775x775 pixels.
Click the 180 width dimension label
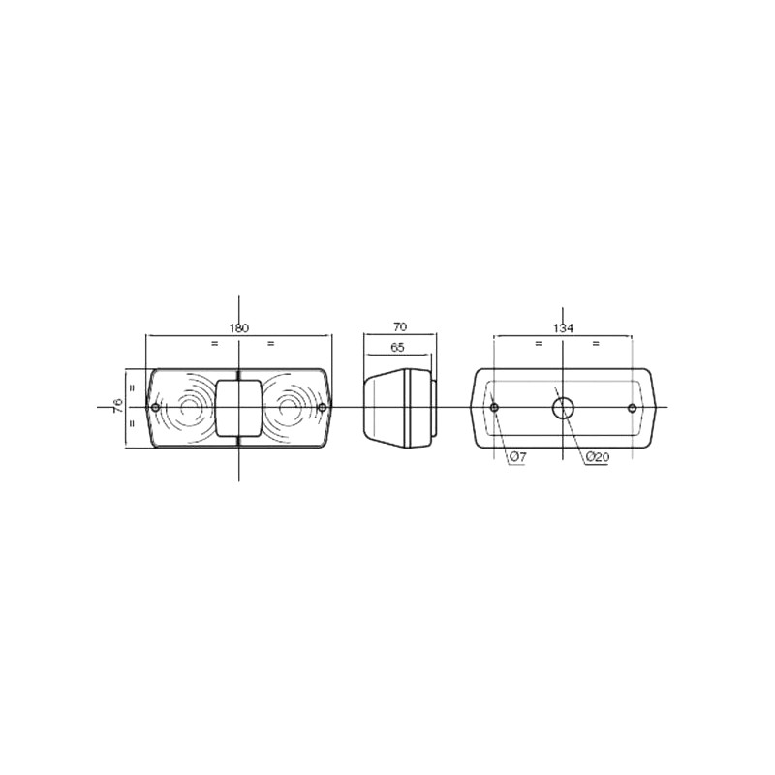pyautogui.click(x=239, y=328)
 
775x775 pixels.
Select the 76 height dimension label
pyautogui.click(x=118, y=406)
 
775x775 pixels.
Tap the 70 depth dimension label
pyautogui.click(x=400, y=327)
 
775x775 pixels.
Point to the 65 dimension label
pyautogui.click(x=397, y=347)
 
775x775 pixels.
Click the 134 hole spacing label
pyautogui.click(x=564, y=328)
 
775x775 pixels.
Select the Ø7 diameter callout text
pyautogui.click(x=517, y=457)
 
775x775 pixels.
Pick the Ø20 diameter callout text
pyautogui.click(x=598, y=457)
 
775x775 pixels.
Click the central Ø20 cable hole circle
pyautogui.click(x=562, y=408)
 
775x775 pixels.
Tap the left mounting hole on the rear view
pyautogui.click(x=494, y=408)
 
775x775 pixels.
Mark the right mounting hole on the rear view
pyautogui.click(x=632, y=408)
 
